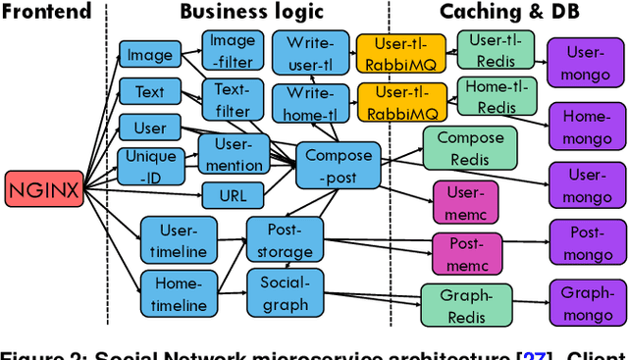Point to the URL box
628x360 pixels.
(233, 195)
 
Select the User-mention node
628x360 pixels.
(233, 154)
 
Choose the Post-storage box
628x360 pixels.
(284, 239)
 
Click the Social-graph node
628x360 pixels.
(284, 292)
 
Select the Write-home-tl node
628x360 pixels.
(311, 103)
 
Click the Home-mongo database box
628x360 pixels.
(587, 126)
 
